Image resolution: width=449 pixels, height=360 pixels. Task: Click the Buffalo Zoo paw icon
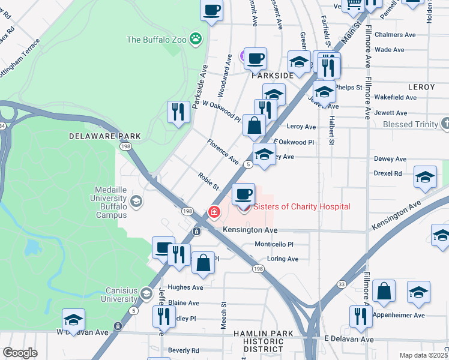(x=195, y=40)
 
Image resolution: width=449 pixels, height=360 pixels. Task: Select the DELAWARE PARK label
(x=104, y=136)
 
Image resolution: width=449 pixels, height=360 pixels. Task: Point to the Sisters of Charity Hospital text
(x=302, y=207)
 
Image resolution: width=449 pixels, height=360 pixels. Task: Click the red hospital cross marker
(x=214, y=212)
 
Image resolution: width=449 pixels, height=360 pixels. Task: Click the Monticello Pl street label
(x=274, y=244)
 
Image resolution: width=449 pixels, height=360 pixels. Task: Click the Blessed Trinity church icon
(x=445, y=124)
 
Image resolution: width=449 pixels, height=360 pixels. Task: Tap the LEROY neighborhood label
(x=421, y=87)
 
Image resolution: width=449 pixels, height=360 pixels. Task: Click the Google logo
(x=20, y=353)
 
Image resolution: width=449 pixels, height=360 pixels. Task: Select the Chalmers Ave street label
(x=395, y=35)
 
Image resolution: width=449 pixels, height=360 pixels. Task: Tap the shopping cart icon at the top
(x=354, y=4)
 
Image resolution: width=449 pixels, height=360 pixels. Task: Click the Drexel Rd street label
(x=388, y=173)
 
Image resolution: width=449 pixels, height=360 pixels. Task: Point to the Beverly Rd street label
(x=183, y=350)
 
